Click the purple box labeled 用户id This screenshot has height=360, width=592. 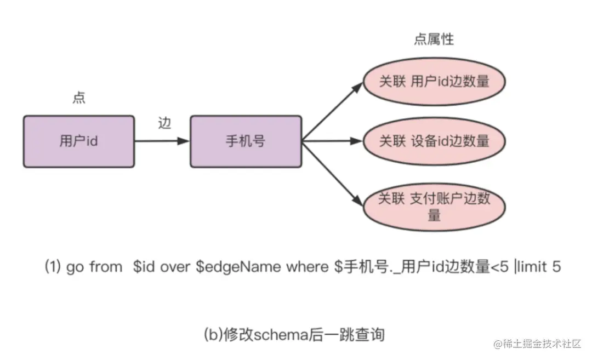coord(79,141)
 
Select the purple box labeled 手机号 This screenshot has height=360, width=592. coord(246,141)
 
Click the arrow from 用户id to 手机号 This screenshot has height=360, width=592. coord(162,141)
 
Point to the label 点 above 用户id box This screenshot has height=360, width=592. coord(79,98)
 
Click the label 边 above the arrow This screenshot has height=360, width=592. coord(164,124)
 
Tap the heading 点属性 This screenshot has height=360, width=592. coord(434,39)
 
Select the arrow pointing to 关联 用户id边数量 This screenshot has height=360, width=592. coord(334,110)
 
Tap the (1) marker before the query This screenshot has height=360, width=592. coord(53,267)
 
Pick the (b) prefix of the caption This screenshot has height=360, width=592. coord(212,334)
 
